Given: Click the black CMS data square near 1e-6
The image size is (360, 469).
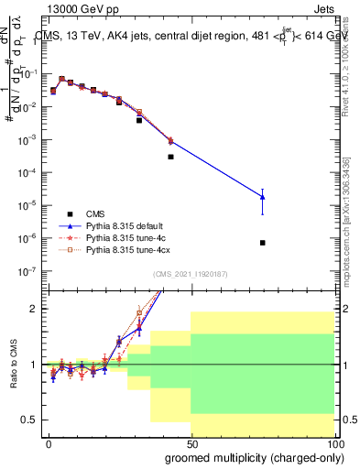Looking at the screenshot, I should [x=263, y=243].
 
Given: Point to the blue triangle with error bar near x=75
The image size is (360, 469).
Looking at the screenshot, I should [x=263, y=197].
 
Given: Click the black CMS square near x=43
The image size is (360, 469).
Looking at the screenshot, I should [x=170, y=157].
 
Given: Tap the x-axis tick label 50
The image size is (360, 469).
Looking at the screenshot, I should [x=191, y=442].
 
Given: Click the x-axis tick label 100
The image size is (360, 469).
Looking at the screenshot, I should [x=334, y=442].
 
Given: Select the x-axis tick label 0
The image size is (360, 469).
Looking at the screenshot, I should [x=49, y=442].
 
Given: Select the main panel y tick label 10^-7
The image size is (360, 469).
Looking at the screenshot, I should [x=27, y=271].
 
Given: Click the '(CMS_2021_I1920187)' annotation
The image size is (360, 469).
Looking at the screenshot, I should [x=191, y=274].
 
